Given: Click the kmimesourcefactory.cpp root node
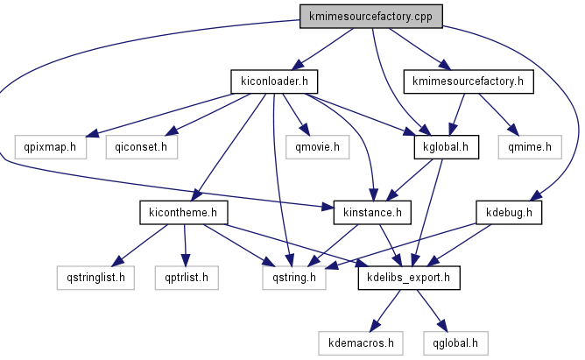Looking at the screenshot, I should coord(370,17).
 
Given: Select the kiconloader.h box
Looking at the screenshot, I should coord(273,82).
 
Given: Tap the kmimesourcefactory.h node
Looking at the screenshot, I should coord(469,82).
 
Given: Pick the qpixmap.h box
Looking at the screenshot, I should coord(50,147).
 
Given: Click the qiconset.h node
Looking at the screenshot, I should coord(141,147).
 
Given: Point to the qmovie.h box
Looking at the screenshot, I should coord(317,147).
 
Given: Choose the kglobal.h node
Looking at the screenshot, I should coord(446,147).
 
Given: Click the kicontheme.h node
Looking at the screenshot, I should coord(183,213).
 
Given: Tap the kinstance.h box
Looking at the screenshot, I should coord(373,213).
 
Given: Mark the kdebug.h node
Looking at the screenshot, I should coord(510,213).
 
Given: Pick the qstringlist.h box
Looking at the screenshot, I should coord(91,279).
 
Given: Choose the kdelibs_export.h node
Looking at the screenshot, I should coord(409,279).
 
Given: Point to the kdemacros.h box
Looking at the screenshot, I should coord(361,342).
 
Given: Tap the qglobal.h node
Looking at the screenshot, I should coord(455,342).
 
